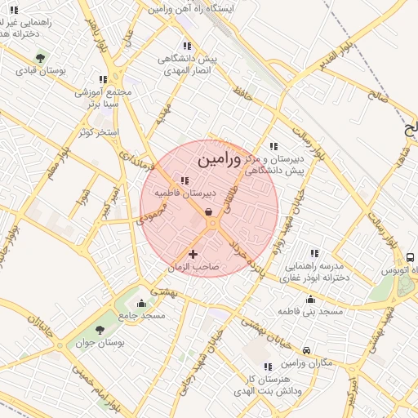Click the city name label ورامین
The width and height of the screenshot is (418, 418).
(220, 158)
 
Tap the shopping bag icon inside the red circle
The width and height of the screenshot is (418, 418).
(210, 212)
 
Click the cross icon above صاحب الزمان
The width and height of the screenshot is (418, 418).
(193, 255)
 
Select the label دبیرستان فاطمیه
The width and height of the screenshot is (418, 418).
(186, 193)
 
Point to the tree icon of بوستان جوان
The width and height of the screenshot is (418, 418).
(100, 330)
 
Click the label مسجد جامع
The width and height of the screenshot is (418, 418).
(142, 315)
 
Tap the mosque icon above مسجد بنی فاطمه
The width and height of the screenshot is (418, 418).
(310, 299)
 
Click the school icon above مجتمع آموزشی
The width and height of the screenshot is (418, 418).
(103, 79)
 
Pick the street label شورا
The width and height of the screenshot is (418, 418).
(81, 198)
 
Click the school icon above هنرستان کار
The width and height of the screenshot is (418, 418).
(267, 367)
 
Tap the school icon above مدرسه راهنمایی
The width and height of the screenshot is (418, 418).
(314, 253)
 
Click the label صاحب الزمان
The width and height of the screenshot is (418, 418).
(193, 267)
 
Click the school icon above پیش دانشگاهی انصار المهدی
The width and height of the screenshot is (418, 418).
(187, 47)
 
